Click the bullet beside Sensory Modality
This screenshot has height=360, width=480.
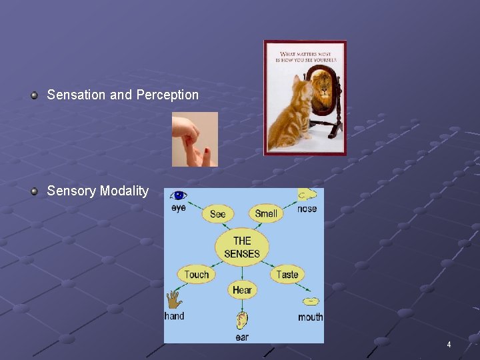[34, 191]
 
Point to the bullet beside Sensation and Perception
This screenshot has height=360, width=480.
[34, 95]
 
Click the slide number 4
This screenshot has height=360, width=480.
[449, 345]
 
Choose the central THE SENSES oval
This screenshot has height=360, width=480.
[241, 247]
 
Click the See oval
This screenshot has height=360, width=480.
[218, 213]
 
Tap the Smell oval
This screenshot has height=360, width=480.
[266, 213]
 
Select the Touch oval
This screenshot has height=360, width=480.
[197, 274]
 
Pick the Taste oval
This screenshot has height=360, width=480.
[287, 274]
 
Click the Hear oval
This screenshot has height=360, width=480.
[242, 289]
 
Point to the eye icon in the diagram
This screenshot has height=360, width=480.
[179, 195]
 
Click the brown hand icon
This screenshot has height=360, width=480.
[174, 299]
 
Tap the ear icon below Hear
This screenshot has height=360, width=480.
[241, 321]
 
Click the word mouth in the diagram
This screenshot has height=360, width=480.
[310, 317]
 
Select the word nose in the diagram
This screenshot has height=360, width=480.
[307, 209]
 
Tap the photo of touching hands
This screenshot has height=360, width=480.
[195, 139]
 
